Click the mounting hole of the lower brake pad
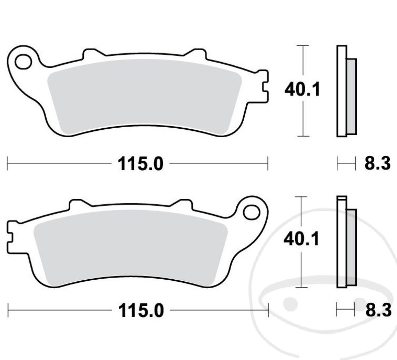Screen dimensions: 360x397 click(252, 212)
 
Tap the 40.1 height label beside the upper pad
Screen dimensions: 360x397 click(302, 90)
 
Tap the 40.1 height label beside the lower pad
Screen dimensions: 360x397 click(301, 239)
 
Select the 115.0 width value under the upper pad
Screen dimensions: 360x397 click(140, 164)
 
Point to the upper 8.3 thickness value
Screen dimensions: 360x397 click(378, 163)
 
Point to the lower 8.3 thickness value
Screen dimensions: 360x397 click(378, 310)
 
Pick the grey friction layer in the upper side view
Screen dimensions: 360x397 click(352, 96)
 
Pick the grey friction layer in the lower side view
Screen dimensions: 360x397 click(352, 247)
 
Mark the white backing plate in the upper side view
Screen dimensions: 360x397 click(342, 91)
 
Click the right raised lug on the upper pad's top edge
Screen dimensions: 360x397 click(195, 54)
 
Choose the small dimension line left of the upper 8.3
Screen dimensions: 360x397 click(346, 163)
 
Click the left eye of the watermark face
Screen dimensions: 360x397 click(290, 303)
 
